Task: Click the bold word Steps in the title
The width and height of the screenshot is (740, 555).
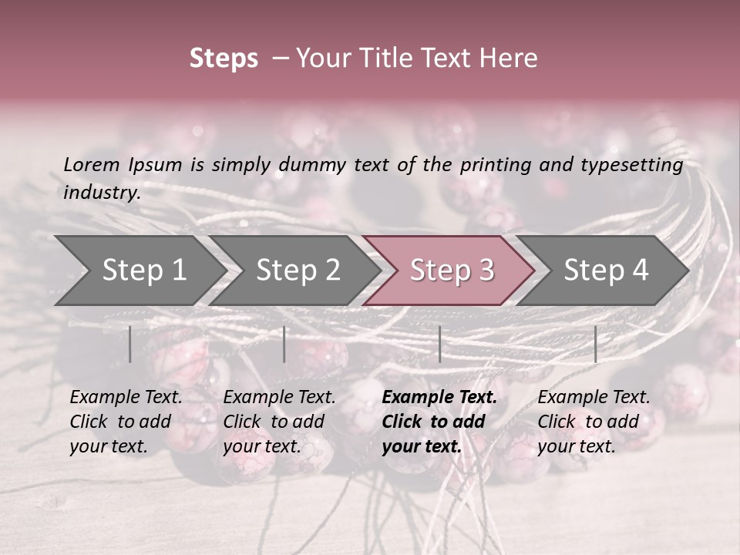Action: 224,59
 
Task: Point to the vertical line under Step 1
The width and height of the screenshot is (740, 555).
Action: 130,344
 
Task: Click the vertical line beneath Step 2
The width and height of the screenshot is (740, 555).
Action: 284,344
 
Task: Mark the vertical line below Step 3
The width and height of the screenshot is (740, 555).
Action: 439,344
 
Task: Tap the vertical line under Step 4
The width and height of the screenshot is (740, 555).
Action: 595,344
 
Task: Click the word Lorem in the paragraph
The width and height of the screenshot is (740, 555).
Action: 92,164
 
